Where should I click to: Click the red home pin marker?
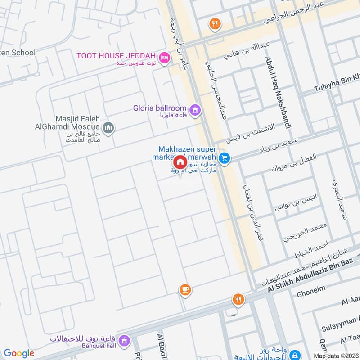point(180,162)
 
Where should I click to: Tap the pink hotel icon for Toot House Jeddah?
point(165,57)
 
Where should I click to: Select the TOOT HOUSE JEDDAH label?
point(116,56)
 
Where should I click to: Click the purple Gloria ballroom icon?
point(195,109)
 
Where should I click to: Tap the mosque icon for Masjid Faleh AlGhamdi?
point(108,129)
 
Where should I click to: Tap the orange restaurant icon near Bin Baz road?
point(238,299)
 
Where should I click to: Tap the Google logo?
point(19,353)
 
